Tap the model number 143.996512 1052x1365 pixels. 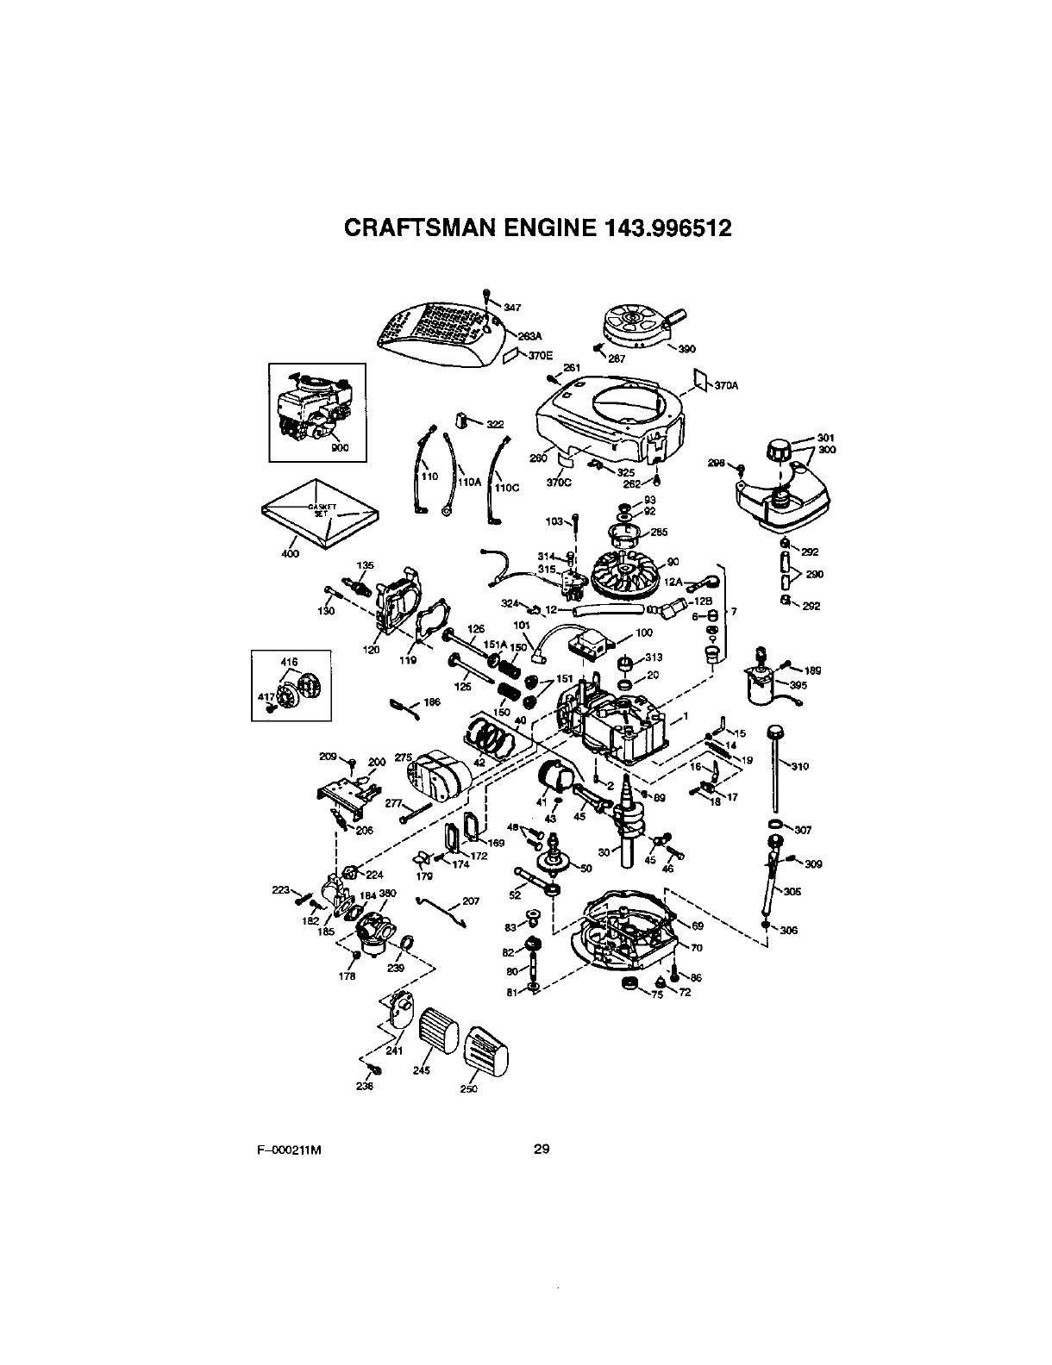(660, 228)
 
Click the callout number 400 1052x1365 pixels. (291, 553)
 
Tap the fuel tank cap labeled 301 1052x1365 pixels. (779, 450)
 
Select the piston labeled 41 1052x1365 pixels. (552, 781)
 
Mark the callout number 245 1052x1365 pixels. (421, 1070)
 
